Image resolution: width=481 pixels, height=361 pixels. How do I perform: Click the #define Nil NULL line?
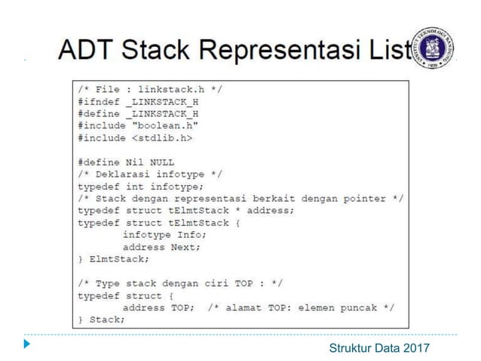point(125,162)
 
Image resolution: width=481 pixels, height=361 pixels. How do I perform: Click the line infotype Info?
point(163,235)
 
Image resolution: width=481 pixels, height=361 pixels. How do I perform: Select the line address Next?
point(162,247)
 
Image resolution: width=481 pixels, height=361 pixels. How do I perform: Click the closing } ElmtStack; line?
point(113,259)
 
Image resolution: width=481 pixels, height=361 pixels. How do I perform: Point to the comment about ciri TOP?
point(180,283)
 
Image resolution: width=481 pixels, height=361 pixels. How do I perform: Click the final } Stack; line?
point(101,319)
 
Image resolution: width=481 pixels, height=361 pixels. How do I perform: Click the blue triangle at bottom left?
point(28,345)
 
